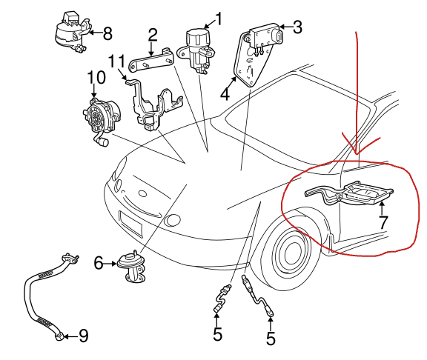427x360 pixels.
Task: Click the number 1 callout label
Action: point(219,17)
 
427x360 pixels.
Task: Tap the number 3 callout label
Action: point(297,28)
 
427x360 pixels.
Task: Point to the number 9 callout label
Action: point(83,336)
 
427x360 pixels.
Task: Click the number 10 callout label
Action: point(96,78)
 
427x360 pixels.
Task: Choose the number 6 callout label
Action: point(99,261)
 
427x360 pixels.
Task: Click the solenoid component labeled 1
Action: point(198,46)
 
